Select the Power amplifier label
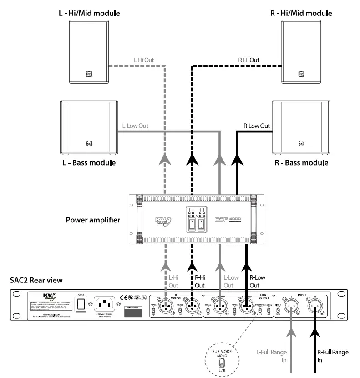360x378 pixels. click(93, 220)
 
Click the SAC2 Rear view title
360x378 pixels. click(30, 281)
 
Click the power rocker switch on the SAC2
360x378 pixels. click(82, 304)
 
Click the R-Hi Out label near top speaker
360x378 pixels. click(248, 60)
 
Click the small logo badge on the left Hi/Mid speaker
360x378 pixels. click(89, 73)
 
